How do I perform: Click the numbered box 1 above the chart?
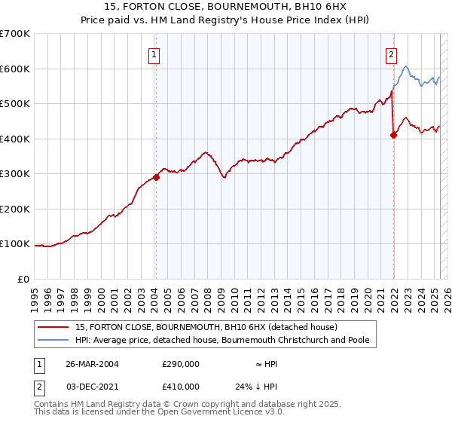point(154,54)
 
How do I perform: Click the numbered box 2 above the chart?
point(392,54)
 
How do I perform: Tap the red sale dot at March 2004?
point(156,177)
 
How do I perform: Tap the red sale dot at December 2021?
point(393,136)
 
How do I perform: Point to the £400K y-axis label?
point(14,139)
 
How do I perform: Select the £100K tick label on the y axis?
point(14,244)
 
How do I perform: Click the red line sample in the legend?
point(52,327)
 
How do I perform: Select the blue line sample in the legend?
point(52,340)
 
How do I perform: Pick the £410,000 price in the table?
point(181,386)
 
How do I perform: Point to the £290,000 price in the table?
point(181,364)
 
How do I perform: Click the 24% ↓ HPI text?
point(256,386)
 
